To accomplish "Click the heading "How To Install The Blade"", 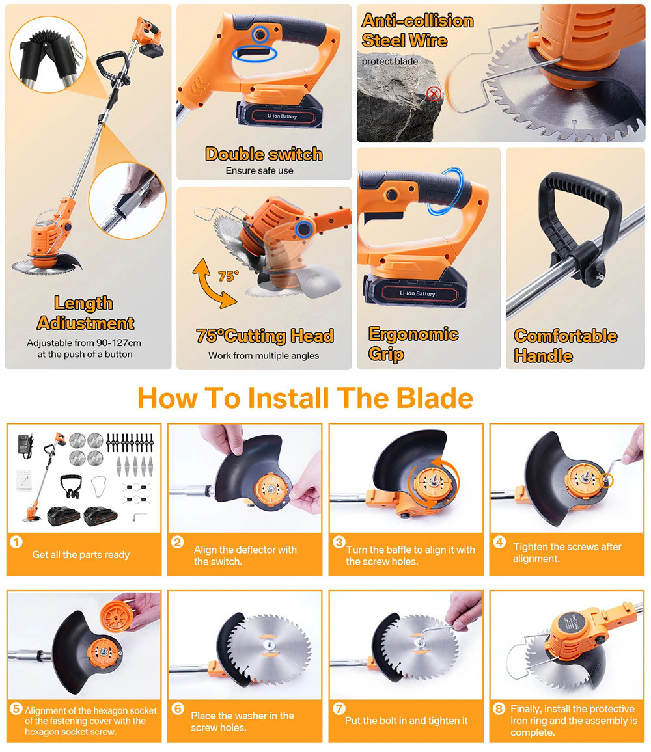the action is pyautogui.click(x=305, y=398).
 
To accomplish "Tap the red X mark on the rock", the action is pyautogui.click(x=434, y=94).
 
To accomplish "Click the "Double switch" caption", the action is pyautogui.click(x=264, y=154).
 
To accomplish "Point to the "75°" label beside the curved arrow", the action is pyautogui.click(x=228, y=276).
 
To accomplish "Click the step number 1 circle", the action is pyautogui.click(x=16, y=542).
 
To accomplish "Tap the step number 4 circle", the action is pyautogui.click(x=500, y=542).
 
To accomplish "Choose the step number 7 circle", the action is pyautogui.click(x=339, y=708).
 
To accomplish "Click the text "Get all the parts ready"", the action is pyautogui.click(x=81, y=554).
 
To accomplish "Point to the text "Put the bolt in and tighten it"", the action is pyautogui.click(x=406, y=720).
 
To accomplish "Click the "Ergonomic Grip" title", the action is pyautogui.click(x=413, y=344).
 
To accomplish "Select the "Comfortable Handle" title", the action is pyautogui.click(x=566, y=345).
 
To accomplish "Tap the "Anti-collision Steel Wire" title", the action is pyautogui.click(x=417, y=30).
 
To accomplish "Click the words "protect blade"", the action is pyautogui.click(x=390, y=61).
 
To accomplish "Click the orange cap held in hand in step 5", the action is pyautogui.click(x=116, y=616).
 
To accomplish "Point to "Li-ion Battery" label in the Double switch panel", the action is pyautogui.click(x=283, y=116).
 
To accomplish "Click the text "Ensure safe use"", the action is pyautogui.click(x=259, y=170).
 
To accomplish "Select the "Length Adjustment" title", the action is pyautogui.click(x=85, y=313).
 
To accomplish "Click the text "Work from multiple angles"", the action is pyautogui.click(x=264, y=355).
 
